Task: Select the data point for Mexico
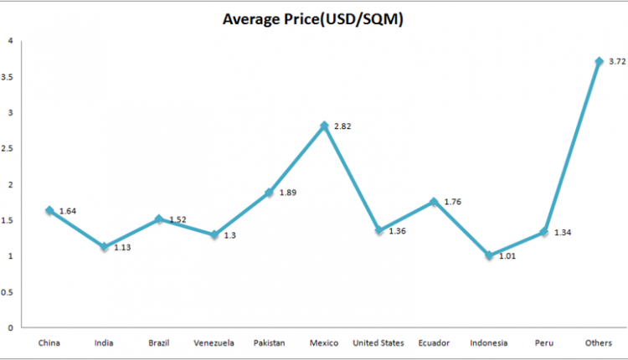click(324, 126)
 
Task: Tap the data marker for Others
click(599, 61)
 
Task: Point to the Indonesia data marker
click(489, 255)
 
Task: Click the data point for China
click(49, 210)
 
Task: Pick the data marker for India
click(104, 247)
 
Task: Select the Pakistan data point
click(269, 193)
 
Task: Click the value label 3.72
click(617, 62)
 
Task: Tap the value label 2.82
click(342, 126)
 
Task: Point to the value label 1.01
click(507, 256)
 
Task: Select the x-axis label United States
click(378, 342)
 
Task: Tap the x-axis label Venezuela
click(214, 342)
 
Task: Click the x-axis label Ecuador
click(434, 342)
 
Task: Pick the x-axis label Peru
click(543, 342)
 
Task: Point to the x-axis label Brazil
click(159, 342)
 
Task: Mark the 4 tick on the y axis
click(9, 40)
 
